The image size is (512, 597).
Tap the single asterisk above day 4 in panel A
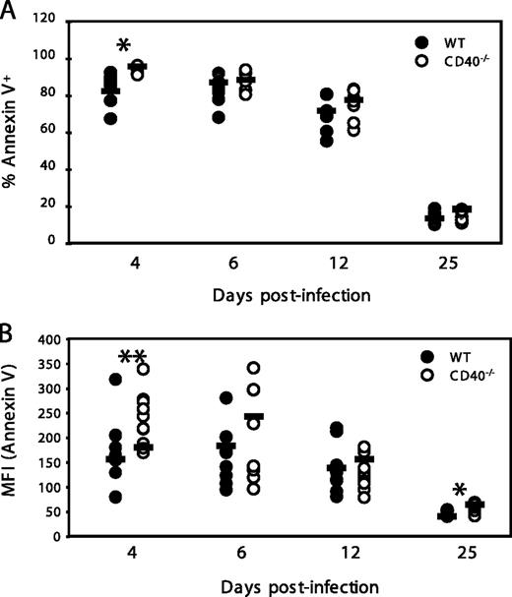pos(123,46)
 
